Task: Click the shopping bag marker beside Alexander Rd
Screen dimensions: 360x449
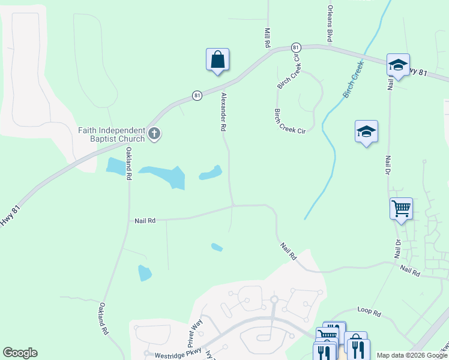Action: click(x=217, y=60)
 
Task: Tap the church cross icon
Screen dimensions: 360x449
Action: click(x=154, y=134)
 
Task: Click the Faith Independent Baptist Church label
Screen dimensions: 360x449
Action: click(x=112, y=134)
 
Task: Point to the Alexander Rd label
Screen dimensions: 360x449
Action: click(x=223, y=112)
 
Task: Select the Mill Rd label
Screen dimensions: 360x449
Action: click(x=268, y=37)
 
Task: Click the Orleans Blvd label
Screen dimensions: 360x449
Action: click(x=330, y=25)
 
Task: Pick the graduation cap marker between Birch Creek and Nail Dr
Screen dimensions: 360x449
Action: click(x=366, y=132)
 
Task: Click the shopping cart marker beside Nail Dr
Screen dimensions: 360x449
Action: click(x=401, y=209)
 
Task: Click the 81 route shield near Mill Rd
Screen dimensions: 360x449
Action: click(x=295, y=47)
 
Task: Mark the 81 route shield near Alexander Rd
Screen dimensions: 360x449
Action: click(x=197, y=95)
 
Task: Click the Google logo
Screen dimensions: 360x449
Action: click(x=20, y=353)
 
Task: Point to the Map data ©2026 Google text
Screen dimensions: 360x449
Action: click(x=411, y=355)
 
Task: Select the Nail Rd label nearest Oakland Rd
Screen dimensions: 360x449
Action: click(x=145, y=221)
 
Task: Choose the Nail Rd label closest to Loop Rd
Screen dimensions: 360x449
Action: click(x=410, y=271)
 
